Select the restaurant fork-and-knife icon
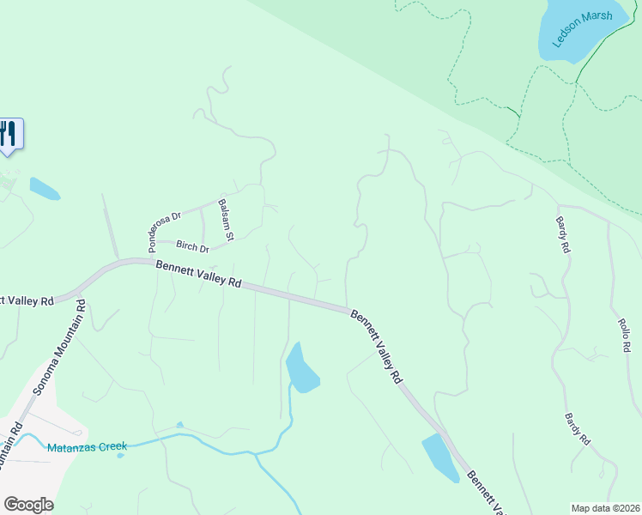click(9, 134)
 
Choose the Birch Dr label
click(193, 247)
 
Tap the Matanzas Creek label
click(88, 446)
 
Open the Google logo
click(28, 505)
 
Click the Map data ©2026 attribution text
click(606, 507)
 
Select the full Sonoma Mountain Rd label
click(56, 354)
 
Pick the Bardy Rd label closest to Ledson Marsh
click(562, 233)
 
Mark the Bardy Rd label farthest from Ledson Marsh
click(577, 429)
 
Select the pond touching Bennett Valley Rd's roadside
click(439, 457)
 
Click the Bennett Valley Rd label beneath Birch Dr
click(198, 275)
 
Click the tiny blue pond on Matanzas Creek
click(179, 425)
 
